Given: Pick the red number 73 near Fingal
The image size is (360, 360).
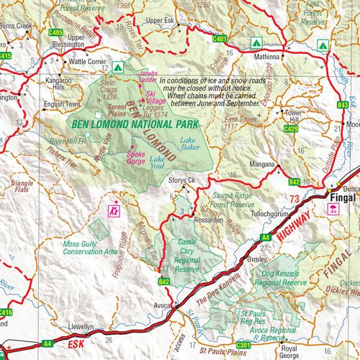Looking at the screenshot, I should tap(293, 197).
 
